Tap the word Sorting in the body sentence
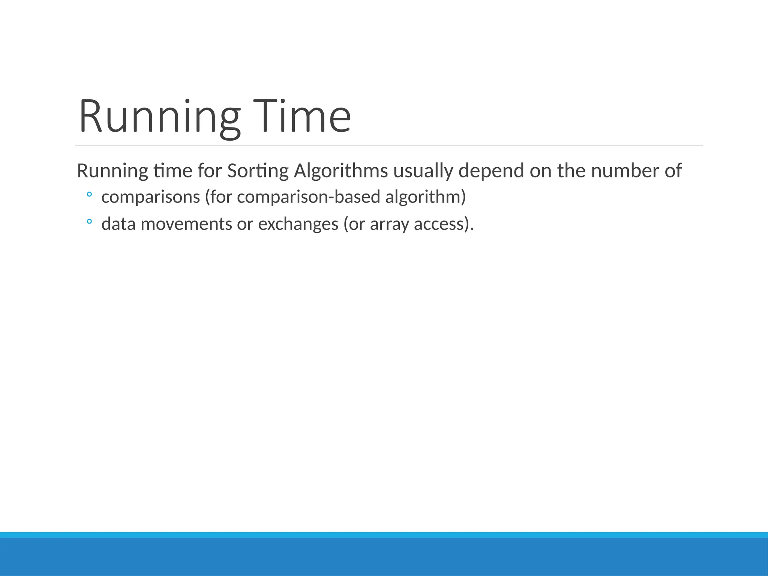(258, 171)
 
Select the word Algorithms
(341, 171)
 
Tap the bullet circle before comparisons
(89, 195)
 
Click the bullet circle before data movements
(89, 222)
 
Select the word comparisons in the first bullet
(151, 197)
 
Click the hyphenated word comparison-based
(309, 197)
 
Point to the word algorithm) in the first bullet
(426, 197)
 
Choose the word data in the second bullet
(118, 224)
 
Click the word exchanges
(298, 224)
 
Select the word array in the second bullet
(389, 224)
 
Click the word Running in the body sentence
(112, 171)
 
